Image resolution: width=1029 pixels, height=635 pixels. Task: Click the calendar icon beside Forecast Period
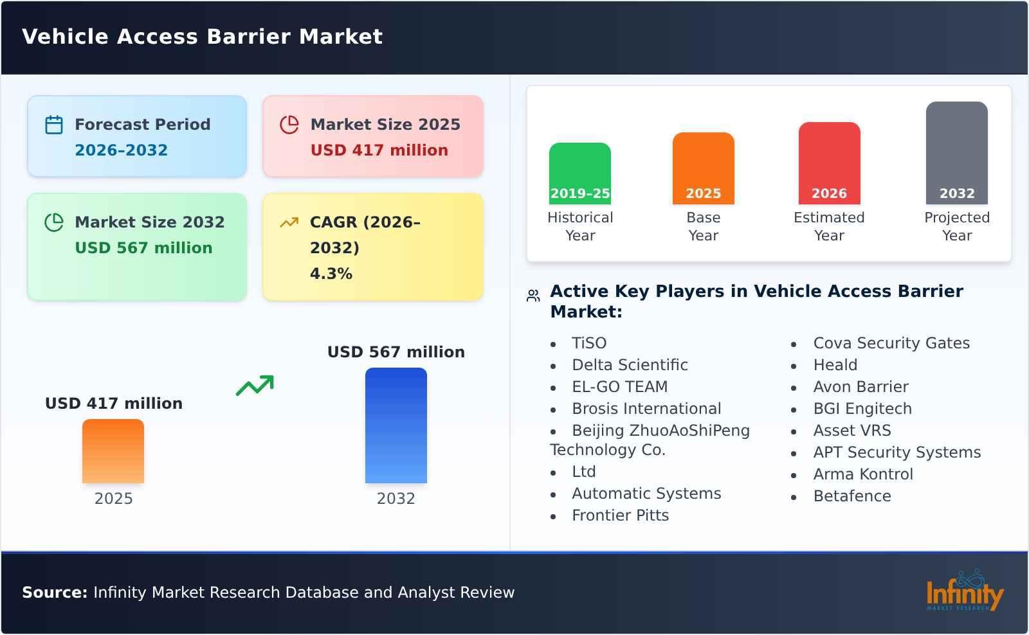[x=54, y=125]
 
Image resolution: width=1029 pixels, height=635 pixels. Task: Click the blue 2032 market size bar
[x=396, y=425]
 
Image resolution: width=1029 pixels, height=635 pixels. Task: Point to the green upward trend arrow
[x=255, y=386]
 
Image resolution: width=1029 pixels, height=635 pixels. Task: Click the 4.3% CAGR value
[x=331, y=274]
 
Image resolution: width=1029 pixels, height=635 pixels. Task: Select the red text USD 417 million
[x=379, y=150]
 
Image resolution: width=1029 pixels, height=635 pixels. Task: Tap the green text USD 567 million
[x=143, y=248]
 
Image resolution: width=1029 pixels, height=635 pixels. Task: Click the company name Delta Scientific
[x=630, y=365]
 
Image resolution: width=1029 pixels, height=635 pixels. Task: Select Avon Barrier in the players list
[x=861, y=387]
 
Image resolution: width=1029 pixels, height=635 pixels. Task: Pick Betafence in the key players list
[x=851, y=496]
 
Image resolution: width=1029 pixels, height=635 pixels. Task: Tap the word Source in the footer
[x=54, y=593]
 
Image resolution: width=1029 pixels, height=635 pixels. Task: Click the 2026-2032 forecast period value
[x=121, y=150]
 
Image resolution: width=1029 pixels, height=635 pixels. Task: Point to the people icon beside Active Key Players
[x=533, y=296]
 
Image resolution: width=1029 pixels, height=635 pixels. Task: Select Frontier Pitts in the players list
[x=620, y=515]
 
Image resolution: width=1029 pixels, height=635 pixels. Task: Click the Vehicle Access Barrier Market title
[x=202, y=37]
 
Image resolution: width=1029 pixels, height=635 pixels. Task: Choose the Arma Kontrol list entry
[x=862, y=474]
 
